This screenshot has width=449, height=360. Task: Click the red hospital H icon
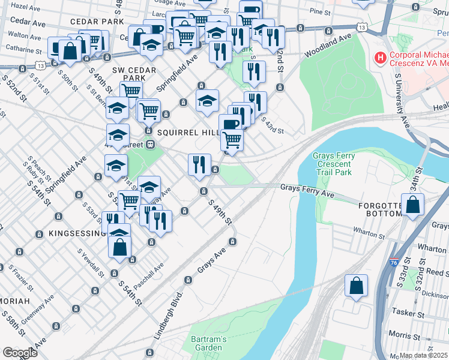coord(379,58)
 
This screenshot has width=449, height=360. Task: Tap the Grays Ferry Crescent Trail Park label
coord(334,164)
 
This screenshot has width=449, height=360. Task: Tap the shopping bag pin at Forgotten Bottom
coord(414,205)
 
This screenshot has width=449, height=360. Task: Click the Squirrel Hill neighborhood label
coord(182,131)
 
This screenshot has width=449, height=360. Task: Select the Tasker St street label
coord(408,312)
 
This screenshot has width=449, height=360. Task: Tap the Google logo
coord(20,352)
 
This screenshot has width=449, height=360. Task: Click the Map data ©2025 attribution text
coord(424,355)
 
